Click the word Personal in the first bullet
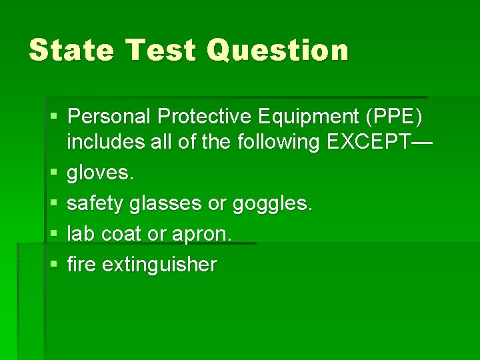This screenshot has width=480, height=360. coord(110,117)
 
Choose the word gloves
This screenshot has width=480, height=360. coord(101,173)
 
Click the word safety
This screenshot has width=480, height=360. coord(95,203)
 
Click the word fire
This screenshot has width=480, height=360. coord(81,265)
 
